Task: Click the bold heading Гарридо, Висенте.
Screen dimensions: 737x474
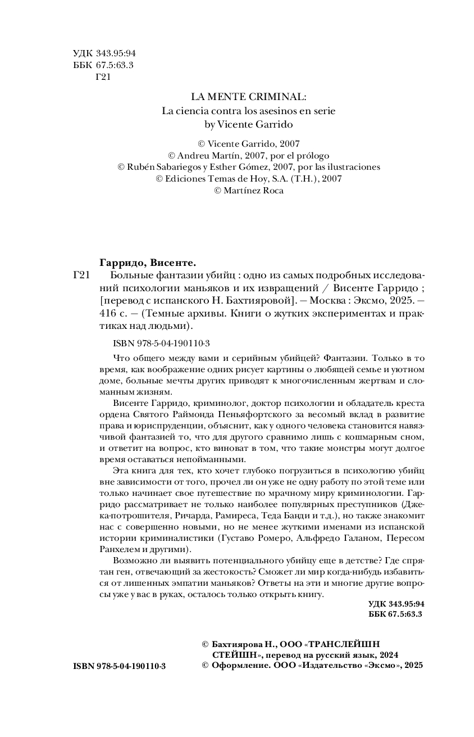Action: click(x=147, y=263)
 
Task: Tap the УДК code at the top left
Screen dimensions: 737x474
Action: click(x=104, y=53)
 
